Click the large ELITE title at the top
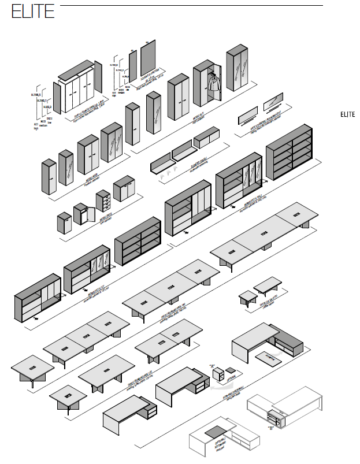[x=34, y=12]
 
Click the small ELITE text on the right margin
[x=347, y=114]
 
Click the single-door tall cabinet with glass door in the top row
[x=154, y=113]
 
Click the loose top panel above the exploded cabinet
[x=76, y=70]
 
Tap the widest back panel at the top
[x=149, y=61]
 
